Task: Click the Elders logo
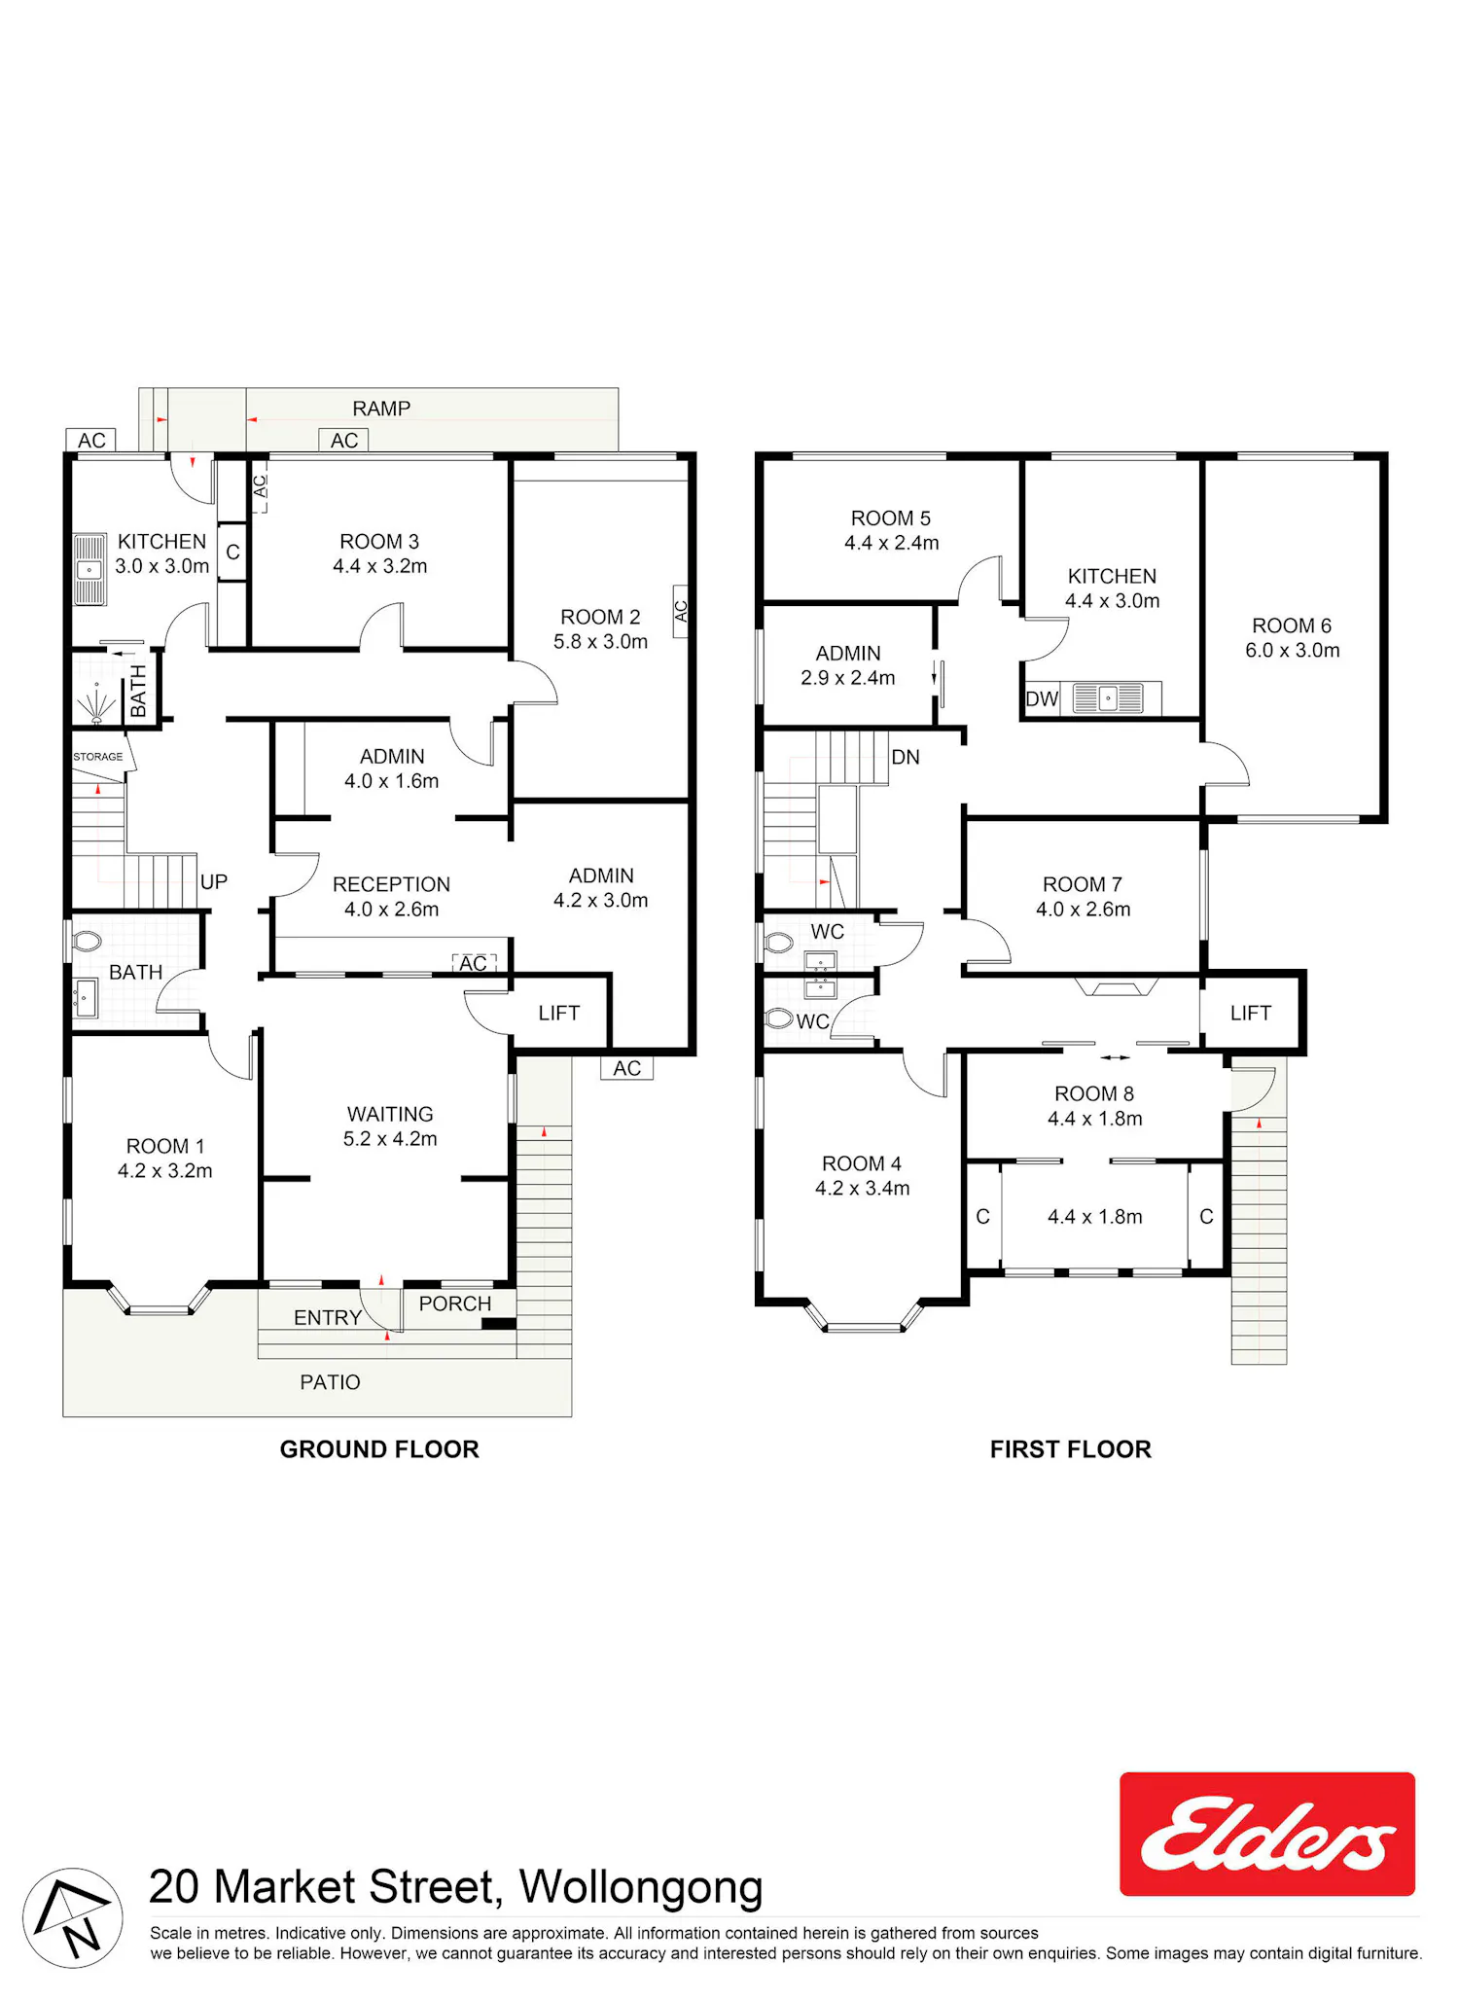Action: (1267, 1834)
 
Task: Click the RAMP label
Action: (381, 409)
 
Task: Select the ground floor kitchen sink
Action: (89, 569)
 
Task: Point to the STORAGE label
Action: (98, 757)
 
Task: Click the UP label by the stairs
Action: (214, 882)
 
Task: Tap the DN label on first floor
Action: (906, 757)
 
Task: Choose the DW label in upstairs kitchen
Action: (1042, 698)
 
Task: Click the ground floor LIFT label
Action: (559, 1014)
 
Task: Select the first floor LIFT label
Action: (1251, 1014)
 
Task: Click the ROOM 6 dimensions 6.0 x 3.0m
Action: (1293, 651)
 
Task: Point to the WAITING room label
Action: (390, 1115)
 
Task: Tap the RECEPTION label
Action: (392, 885)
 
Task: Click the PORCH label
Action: (455, 1304)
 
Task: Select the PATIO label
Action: (330, 1383)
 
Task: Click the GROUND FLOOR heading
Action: (379, 1450)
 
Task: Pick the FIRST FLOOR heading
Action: (1071, 1450)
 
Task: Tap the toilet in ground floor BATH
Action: (87, 942)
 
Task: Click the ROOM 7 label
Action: (1083, 885)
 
